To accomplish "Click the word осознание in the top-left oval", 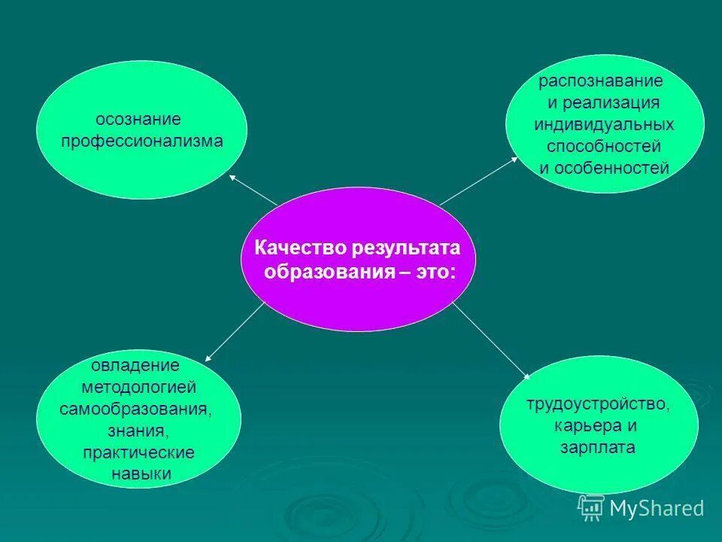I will [138, 119].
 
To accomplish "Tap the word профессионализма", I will [142, 141].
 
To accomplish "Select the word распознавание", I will [600, 81].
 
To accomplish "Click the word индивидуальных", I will [604, 124].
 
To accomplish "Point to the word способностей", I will [604, 146].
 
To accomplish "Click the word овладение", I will [135, 366].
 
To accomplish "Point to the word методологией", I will [139, 388].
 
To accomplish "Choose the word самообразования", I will [135, 410].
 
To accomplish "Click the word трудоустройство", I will [598, 403].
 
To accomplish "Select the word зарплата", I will [598, 447].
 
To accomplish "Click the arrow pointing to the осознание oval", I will [252, 190].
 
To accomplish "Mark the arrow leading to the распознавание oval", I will [479, 181].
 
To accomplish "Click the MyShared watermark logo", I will [641, 508].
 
